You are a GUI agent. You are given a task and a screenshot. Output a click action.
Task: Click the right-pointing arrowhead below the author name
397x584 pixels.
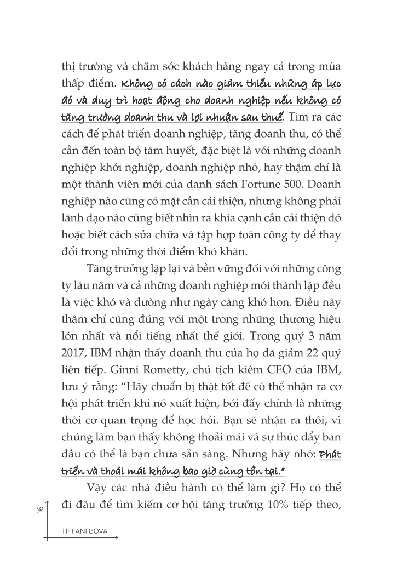click(117, 540)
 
